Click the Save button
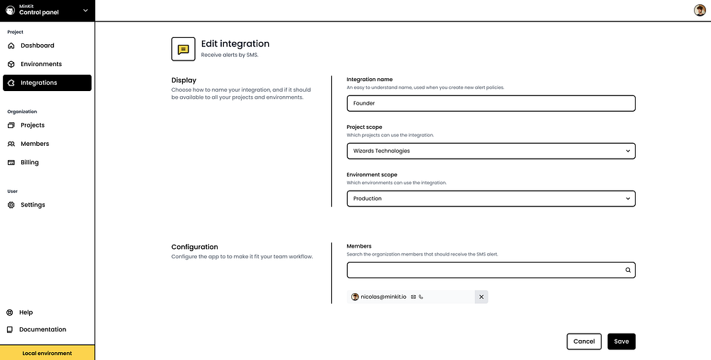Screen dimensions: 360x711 pyautogui.click(x=621, y=342)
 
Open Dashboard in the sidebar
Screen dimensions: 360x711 pyautogui.click(x=37, y=46)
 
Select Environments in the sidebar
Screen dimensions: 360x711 pyautogui.click(x=41, y=64)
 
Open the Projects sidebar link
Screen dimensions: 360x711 pyautogui.click(x=33, y=125)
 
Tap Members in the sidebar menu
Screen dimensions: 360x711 pyautogui.click(x=35, y=144)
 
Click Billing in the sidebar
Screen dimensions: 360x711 pyautogui.click(x=30, y=162)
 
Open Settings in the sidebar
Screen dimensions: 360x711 pyautogui.click(x=33, y=205)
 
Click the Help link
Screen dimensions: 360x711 pyautogui.click(x=26, y=312)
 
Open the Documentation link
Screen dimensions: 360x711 pyautogui.click(x=42, y=329)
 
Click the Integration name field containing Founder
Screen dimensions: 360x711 pyautogui.click(x=491, y=103)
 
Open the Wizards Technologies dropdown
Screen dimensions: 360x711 pyautogui.click(x=491, y=151)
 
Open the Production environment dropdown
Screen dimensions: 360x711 pyautogui.click(x=491, y=198)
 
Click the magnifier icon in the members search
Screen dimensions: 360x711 pyautogui.click(x=628, y=270)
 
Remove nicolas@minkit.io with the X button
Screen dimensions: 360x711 pyautogui.click(x=481, y=297)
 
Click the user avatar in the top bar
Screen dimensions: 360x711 pyautogui.click(x=699, y=10)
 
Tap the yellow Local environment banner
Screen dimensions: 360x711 pyautogui.click(x=47, y=353)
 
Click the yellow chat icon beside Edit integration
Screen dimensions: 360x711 pyautogui.click(x=183, y=49)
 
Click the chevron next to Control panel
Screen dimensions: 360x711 pyautogui.click(x=85, y=10)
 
